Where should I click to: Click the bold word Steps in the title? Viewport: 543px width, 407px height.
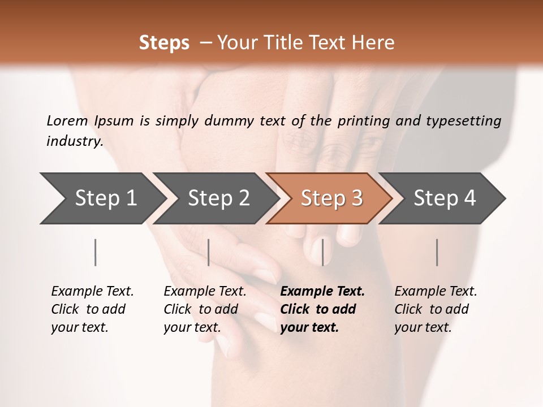click(164, 43)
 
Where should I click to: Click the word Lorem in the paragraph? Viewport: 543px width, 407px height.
click(67, 121)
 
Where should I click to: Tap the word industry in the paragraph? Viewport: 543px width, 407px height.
click(74, 141)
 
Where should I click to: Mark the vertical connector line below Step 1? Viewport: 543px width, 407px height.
click(95, 252)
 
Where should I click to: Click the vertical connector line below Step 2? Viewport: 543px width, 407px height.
click(209, 252)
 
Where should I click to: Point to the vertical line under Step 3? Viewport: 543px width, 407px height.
click(322, 252)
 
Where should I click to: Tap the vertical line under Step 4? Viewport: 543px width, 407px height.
click(437, 252)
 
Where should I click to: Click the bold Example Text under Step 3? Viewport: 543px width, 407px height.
click(322, 292)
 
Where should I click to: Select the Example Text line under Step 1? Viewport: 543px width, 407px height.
click(92, 292)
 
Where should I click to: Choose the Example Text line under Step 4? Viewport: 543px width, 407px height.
click(436, 292)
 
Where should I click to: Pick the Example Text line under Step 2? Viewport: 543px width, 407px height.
click(205, 292)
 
